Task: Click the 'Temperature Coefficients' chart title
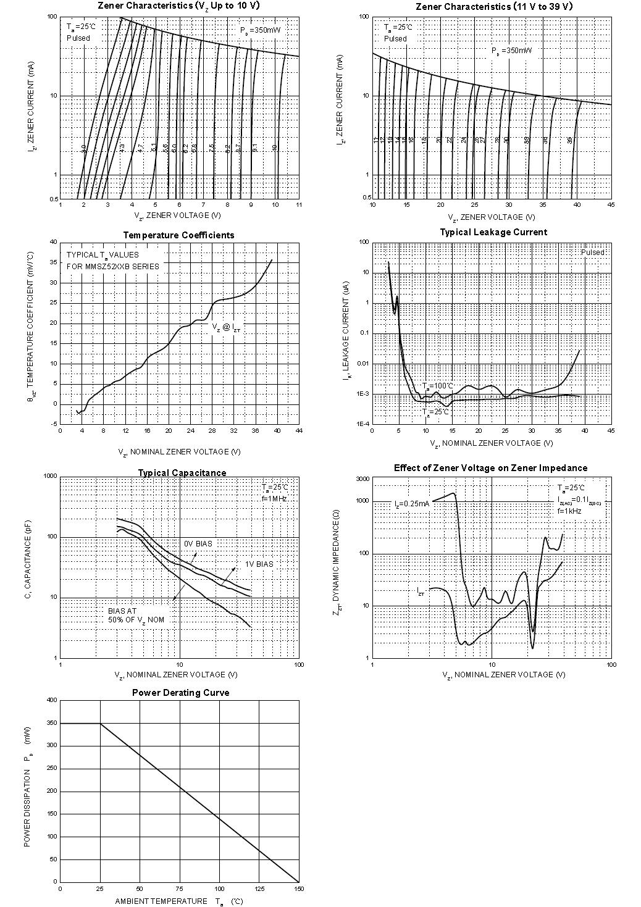(x=178, y=235)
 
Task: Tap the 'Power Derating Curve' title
(x=180, y=693)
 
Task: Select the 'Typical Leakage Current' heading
(x=493, y=232)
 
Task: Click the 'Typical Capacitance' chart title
(x=182, y=473)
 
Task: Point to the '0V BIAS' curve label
(x=198, y=544)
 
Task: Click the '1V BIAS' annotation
(x=259, y=564)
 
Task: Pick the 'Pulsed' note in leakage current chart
(x=593, y=253)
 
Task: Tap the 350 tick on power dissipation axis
(x=51, y=723)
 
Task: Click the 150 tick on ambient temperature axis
(x=298, y=889)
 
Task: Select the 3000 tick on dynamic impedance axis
(x=362, y=479)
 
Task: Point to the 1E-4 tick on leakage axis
(x=362, y=424)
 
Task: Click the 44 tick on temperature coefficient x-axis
(x=299, y=431)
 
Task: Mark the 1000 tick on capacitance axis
(x=50, y=477)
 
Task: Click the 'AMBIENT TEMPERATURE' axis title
(x=161, y=901)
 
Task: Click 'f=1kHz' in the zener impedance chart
(x=569, y=511)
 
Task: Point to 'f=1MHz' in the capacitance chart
(x=274, y=498)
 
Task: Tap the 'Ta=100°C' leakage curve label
(x=438, y=386)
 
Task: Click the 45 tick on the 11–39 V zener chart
(x=611, y=205)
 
